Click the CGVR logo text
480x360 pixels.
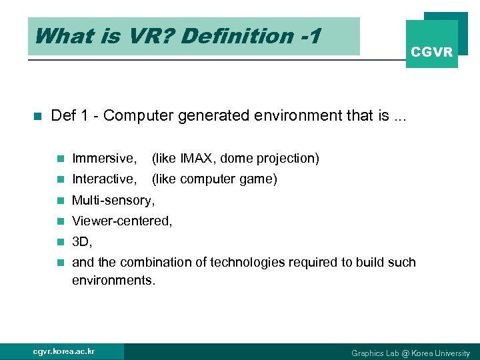pyautogui.click(x=432, y=52)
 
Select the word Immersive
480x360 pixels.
pyautogui.click(x=104, y=159)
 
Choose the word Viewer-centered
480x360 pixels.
pyautogui.click(x=122, y=221)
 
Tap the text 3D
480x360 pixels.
pyautogui.click(x=82, y=241)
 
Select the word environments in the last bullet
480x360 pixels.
pyautogui.click(x=113, y=280)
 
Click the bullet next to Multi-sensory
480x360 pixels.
pyautogui.click(x=60, y=200)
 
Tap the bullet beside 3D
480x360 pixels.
pyautogui.click(x=60, y=241)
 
